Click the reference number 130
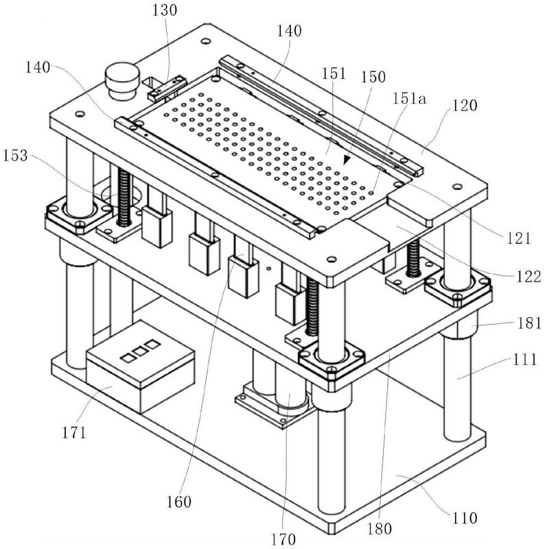[164, 10]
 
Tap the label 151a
[409, 99]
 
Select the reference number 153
[15, 156]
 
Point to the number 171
[74, 433]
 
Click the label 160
[178, 502]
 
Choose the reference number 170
[283, 539]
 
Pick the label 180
[380, 528]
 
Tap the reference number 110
[465, 518]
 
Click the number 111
[524, 359]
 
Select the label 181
[530, 323]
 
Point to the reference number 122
[529, 277]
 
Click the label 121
[518, 238]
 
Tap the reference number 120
[465, 106]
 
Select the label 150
[373, 77]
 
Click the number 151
[334, 73]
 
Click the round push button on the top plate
[122, 80]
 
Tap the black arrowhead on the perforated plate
[347, 160]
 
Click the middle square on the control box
[141, 351]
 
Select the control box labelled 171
[140, 367]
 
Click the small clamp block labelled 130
[166, 88]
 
